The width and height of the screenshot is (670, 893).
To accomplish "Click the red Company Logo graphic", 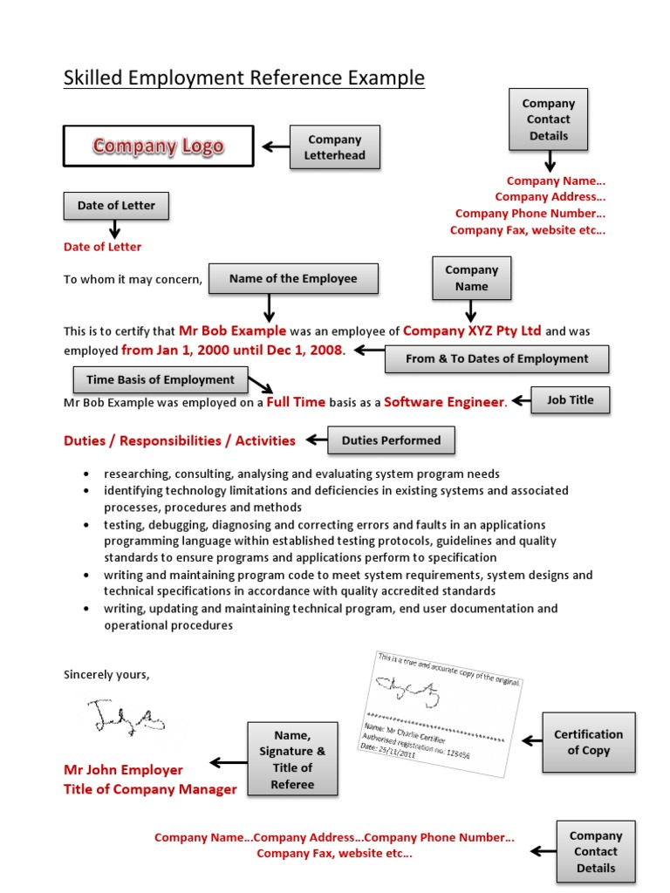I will coord(158,146).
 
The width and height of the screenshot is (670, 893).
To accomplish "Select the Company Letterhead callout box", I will coord(334,147).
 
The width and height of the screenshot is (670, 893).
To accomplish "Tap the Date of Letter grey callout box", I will coord(116,206).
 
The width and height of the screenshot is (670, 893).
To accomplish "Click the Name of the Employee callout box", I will coord(293,279).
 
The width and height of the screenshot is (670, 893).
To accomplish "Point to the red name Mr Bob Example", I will coord(232,331).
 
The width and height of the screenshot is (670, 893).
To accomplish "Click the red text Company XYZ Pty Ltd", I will coord(472,331).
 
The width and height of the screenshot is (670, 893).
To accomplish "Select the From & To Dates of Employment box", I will coord(496,358).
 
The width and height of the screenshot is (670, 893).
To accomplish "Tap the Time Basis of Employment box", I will coord(161,379).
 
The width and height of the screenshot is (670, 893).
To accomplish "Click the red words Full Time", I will coord(296,402).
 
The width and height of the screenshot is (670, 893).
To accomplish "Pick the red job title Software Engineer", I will coord(444,402).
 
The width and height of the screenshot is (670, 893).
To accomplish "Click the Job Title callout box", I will coord(570,400).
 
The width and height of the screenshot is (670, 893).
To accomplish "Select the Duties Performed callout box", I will coord(391,440).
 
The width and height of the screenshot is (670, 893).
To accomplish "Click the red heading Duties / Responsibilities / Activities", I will coord(180,440).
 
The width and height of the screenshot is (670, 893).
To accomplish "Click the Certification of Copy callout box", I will coord(588,742).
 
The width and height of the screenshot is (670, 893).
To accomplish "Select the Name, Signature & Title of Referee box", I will coord(292,760).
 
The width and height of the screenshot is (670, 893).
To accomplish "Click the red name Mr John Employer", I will coord(123,770).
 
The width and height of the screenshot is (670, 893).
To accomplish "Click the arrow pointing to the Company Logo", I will coord(276,147).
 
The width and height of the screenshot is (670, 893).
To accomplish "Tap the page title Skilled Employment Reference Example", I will coord(244,78).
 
